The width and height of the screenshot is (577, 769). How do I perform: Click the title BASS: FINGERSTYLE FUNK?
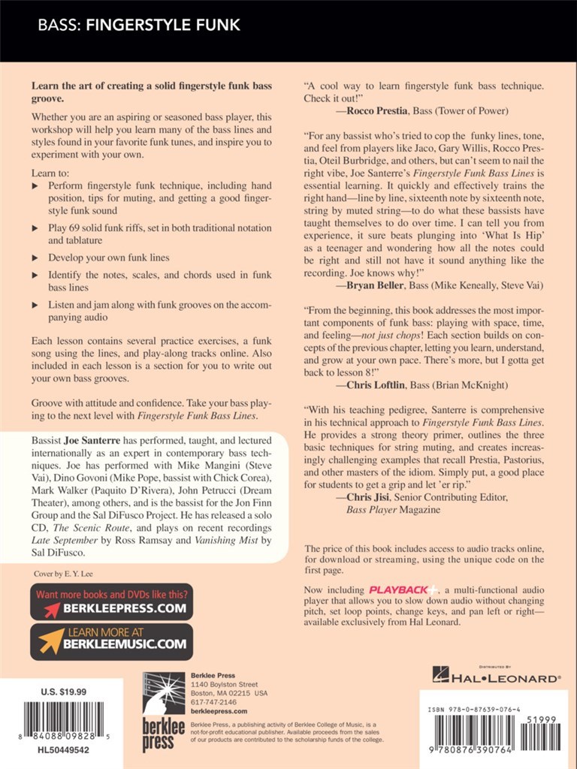pos(139,26)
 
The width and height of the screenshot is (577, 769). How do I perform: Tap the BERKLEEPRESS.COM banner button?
pos(111,602)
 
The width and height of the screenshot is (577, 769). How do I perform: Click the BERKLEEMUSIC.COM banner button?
pos(111,641)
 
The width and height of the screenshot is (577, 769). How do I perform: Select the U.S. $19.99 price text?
pos(65,692)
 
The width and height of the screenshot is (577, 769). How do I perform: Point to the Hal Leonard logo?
pos(496,677)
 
